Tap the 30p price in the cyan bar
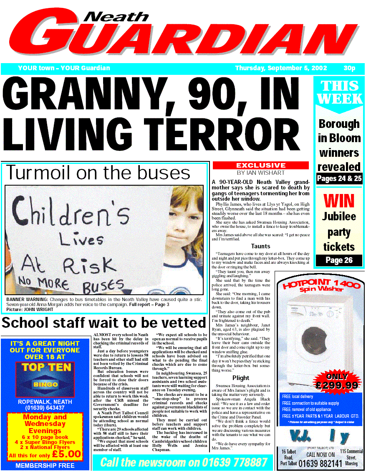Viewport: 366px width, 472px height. [349, 68]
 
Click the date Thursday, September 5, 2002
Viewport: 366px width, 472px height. [281, 68]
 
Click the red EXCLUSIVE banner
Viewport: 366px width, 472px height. [261, 165]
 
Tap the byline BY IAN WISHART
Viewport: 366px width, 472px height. [261, 172]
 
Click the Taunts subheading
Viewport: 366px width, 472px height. [260, 246]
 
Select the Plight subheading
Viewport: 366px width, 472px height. [241, 378]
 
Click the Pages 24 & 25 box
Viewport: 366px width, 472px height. [339, 179]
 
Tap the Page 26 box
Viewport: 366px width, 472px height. [339, 260]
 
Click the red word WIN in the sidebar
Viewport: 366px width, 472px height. [339, 201]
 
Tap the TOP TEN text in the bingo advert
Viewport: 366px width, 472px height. [45, 367]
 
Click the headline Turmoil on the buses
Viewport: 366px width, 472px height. [98, 173]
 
